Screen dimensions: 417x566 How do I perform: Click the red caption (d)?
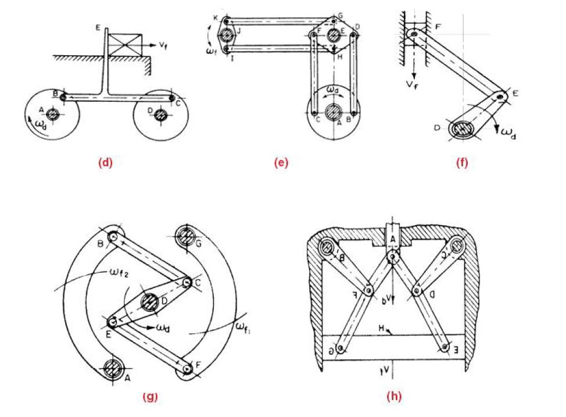[105, 163]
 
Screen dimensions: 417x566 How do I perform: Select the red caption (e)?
[281, 163]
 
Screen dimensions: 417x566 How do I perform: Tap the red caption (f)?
[462, 163]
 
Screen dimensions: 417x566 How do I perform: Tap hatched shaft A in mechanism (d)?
[53, 114]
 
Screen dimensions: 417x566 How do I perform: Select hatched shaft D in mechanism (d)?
[159, 115]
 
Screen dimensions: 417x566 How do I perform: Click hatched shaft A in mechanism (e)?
[333, 112]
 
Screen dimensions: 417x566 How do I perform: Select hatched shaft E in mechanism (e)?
[334, 35]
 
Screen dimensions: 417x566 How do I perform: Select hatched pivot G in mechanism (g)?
[186, 236]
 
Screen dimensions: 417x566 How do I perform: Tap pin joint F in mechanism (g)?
[186, 369]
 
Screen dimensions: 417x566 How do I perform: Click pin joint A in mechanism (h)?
[393, 256]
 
